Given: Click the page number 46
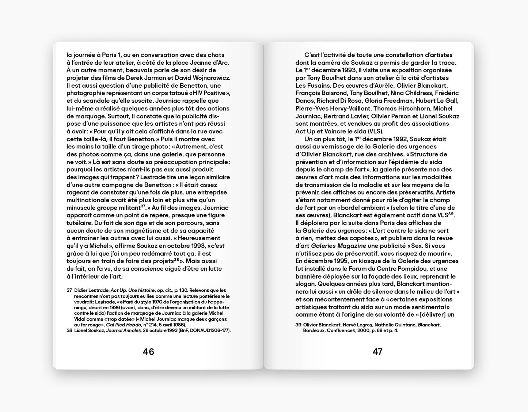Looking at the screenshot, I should (x=148, y=352).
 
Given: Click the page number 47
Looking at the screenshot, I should (x=377, y=352).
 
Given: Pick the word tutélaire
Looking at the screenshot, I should (x=79, y=223).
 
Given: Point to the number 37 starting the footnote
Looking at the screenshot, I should (x=69, y=290).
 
